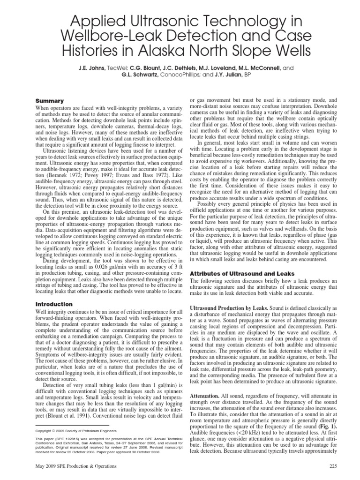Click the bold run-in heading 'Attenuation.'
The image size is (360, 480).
[206, 397]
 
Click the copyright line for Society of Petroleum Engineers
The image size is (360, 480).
[78, 430]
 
